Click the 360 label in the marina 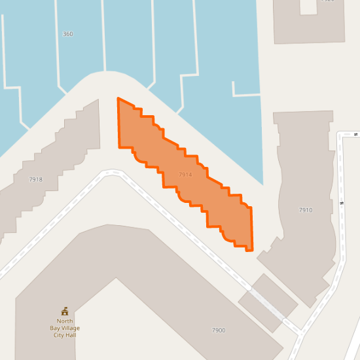pos(67,33)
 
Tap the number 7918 pos(35,179)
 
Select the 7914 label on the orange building pos(185,175)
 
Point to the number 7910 pos(306,210)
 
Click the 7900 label pos(219,330)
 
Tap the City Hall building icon pos(64,311)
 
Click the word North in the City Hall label pos(64,321)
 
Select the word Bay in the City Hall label pos(55,328)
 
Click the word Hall pos(73,335)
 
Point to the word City pos(60,335)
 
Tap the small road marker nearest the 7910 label pos(342,202)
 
